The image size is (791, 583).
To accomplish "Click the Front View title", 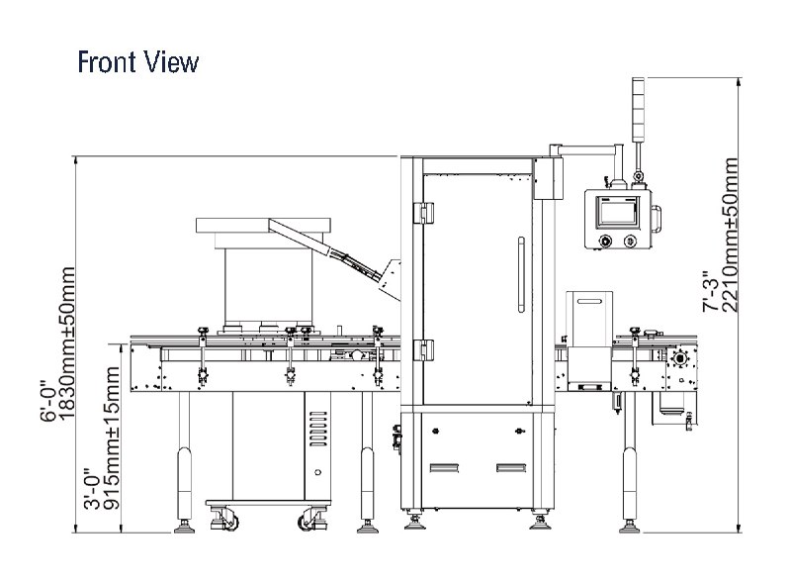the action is [x=138, y=62].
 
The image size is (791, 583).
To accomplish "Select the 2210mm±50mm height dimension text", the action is [x=730, y=236].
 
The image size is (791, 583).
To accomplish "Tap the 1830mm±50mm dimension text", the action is [x=66, y=343].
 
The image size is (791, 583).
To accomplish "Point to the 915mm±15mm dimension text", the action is [x=111, y=438].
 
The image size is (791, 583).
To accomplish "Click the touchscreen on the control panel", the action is [x=618, y=211].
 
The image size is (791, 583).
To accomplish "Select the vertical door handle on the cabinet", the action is [x=521, y=275].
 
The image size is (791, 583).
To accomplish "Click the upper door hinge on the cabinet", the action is [x=424, y=213].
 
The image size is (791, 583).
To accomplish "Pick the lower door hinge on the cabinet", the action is [x=424, y=349].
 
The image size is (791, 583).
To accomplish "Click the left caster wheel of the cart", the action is [x=227, y=521].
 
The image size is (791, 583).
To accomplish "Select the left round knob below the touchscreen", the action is [x=603, y=242].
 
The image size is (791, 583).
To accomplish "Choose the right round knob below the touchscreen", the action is [x=630, y=242].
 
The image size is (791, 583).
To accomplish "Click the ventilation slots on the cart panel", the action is [x=317, y=429].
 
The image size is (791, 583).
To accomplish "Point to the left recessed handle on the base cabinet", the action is [x=444, y=468].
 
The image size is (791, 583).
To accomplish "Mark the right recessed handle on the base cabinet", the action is [x=511, y=468].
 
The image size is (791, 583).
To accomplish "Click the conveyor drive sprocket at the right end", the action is [x=680, y=358].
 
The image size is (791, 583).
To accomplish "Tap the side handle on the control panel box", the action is [x=657, y=219].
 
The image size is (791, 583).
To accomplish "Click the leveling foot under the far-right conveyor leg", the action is [x=630, y=528].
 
